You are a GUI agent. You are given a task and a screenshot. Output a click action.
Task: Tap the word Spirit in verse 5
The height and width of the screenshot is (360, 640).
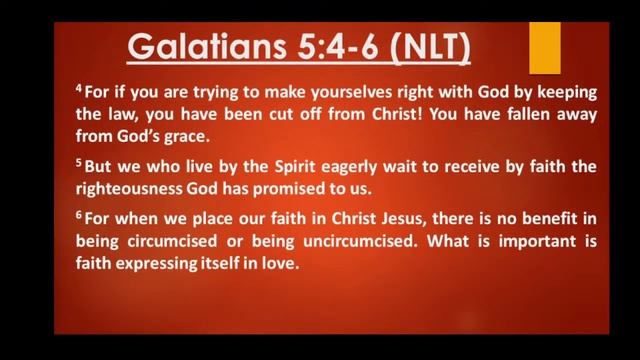[x=291, y=167]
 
